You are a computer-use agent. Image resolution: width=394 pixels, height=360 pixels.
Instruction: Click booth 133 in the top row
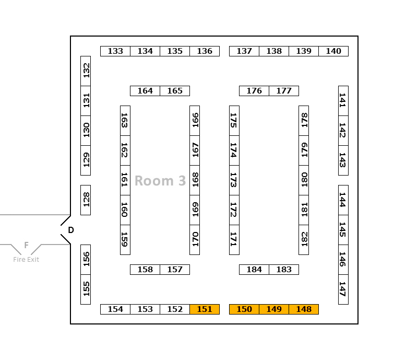pos(115,51)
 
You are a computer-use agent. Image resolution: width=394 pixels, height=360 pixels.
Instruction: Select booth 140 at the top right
pos(333,51)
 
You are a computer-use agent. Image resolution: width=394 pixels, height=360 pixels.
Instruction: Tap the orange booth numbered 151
pos(205,309)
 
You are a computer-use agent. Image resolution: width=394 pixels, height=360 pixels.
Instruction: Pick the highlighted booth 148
pos(304,309)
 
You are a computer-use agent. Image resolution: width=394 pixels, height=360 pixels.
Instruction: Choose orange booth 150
pos(244,309)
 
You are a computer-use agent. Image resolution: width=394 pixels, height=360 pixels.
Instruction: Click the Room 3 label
pos(160,181)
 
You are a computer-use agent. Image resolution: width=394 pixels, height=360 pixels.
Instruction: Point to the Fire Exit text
pos(26,260)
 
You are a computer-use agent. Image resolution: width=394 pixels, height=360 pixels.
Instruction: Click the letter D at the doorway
pos(71,230)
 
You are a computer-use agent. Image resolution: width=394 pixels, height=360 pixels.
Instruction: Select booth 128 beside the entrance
pos(86,200)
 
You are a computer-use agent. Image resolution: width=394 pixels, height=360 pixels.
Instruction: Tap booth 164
pos(145,91)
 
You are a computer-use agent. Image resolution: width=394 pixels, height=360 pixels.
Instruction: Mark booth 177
pos(284,91)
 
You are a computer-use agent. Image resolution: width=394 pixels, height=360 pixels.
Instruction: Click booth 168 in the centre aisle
pos(195,180)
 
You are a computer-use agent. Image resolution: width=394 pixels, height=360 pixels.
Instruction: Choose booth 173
pos(234,180)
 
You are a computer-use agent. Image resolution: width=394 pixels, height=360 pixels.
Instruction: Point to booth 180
pos(304,180)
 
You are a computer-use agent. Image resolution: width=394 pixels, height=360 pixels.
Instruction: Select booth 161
pos(125,180)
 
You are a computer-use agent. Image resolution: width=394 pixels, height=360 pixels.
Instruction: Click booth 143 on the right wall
pos(343,160)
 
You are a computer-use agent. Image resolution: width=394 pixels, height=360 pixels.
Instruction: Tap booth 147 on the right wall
pos(343,289)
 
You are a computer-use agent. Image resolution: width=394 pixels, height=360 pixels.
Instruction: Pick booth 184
pos(254,270)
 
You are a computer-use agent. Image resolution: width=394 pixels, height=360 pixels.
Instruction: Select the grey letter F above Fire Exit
pos(26,246)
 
